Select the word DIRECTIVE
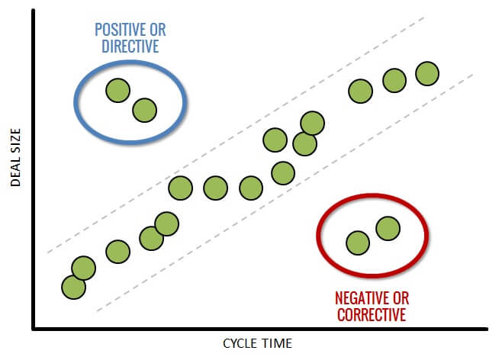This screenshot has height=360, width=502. click(x=130, y=46)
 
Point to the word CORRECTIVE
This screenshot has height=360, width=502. click(x=372, y=314)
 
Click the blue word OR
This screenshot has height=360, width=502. click(x=158, y=30)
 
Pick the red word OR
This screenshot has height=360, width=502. click(x=401, y=298)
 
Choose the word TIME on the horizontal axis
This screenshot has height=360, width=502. click(x=278, y=344)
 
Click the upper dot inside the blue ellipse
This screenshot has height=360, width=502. click(x=117, y=91)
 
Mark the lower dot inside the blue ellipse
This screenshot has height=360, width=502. click(x=145, y=111)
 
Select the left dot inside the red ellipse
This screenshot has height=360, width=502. click(x=358, y=243)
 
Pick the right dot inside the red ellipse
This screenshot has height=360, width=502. click(x=388, y=229)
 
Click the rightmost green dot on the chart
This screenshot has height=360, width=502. click(x=427, y=73)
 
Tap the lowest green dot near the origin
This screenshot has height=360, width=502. click(x=74, y=288)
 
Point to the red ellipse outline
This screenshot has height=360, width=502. click(x=317, y=236)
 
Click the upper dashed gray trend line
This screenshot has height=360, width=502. click(x=236, y=135)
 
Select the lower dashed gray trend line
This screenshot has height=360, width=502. click(x=285, y=193)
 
